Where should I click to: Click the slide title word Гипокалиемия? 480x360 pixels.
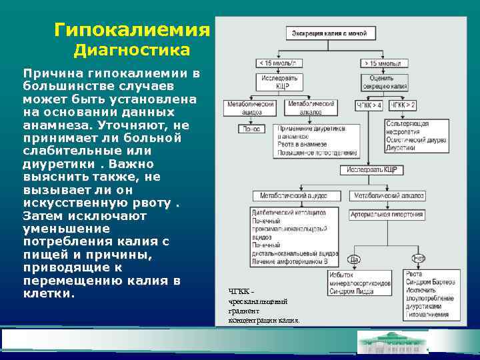(x=132, y=30)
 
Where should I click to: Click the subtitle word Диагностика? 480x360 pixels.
(x=132, y=51)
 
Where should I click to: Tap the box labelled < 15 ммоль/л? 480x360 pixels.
(x=279, y=63)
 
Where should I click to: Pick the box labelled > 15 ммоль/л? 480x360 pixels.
(x=385, y=63)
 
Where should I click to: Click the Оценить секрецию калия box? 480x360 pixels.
(x=385, y=82)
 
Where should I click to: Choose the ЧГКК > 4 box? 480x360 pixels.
(x=369, y=105)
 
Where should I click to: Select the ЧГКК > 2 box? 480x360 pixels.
(x=403, y=105)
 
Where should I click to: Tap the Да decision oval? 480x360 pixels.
(x=354, y=259)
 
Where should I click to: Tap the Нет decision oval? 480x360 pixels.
(x=419, y=259)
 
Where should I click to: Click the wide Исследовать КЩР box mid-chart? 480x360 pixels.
(x=371, y=170)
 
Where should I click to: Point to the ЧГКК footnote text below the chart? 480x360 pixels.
(x=263, y=305)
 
